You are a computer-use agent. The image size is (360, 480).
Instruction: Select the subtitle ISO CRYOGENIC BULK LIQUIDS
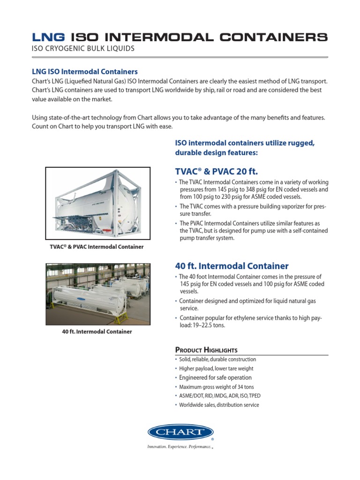click(x=83, y=49)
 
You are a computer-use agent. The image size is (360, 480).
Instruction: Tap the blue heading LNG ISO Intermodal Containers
click(x=84, y=72)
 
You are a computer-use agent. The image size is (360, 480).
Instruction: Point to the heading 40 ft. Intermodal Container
click(x=232, y=266)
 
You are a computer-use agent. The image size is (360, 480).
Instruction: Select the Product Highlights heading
click(x=206, y=350)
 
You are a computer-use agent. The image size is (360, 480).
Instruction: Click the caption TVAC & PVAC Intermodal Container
click(x=97, y=247)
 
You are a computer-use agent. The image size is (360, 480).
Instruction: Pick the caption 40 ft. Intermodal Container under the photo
click(x=97, y=331)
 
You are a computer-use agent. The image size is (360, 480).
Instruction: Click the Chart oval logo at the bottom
click(x=180, y=433)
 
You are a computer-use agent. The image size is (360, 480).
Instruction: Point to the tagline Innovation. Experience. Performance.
click(x=180, y=447)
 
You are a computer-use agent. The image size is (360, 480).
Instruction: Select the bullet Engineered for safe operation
click(x=215, y=377)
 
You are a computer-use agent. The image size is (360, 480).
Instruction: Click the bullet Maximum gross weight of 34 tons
click(x=217, y=387)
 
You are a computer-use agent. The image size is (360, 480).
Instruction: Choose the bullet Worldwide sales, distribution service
click(x=219, y=405)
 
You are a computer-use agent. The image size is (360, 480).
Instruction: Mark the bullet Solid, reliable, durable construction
click(x=217, y=359)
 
